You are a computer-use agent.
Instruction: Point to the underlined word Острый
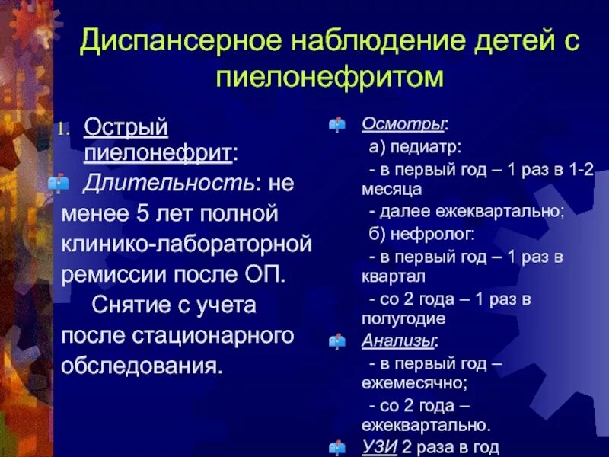[x=125, y=126]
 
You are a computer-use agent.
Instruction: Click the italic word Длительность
[x=168, y=183]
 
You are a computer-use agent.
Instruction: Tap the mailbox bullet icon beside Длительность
[x=59, y=183]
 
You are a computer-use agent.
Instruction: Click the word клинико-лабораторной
[x=187, y=244]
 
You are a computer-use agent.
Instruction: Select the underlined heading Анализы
[x=388, y=340]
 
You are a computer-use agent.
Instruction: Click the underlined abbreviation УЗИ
[x=378, y=448]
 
